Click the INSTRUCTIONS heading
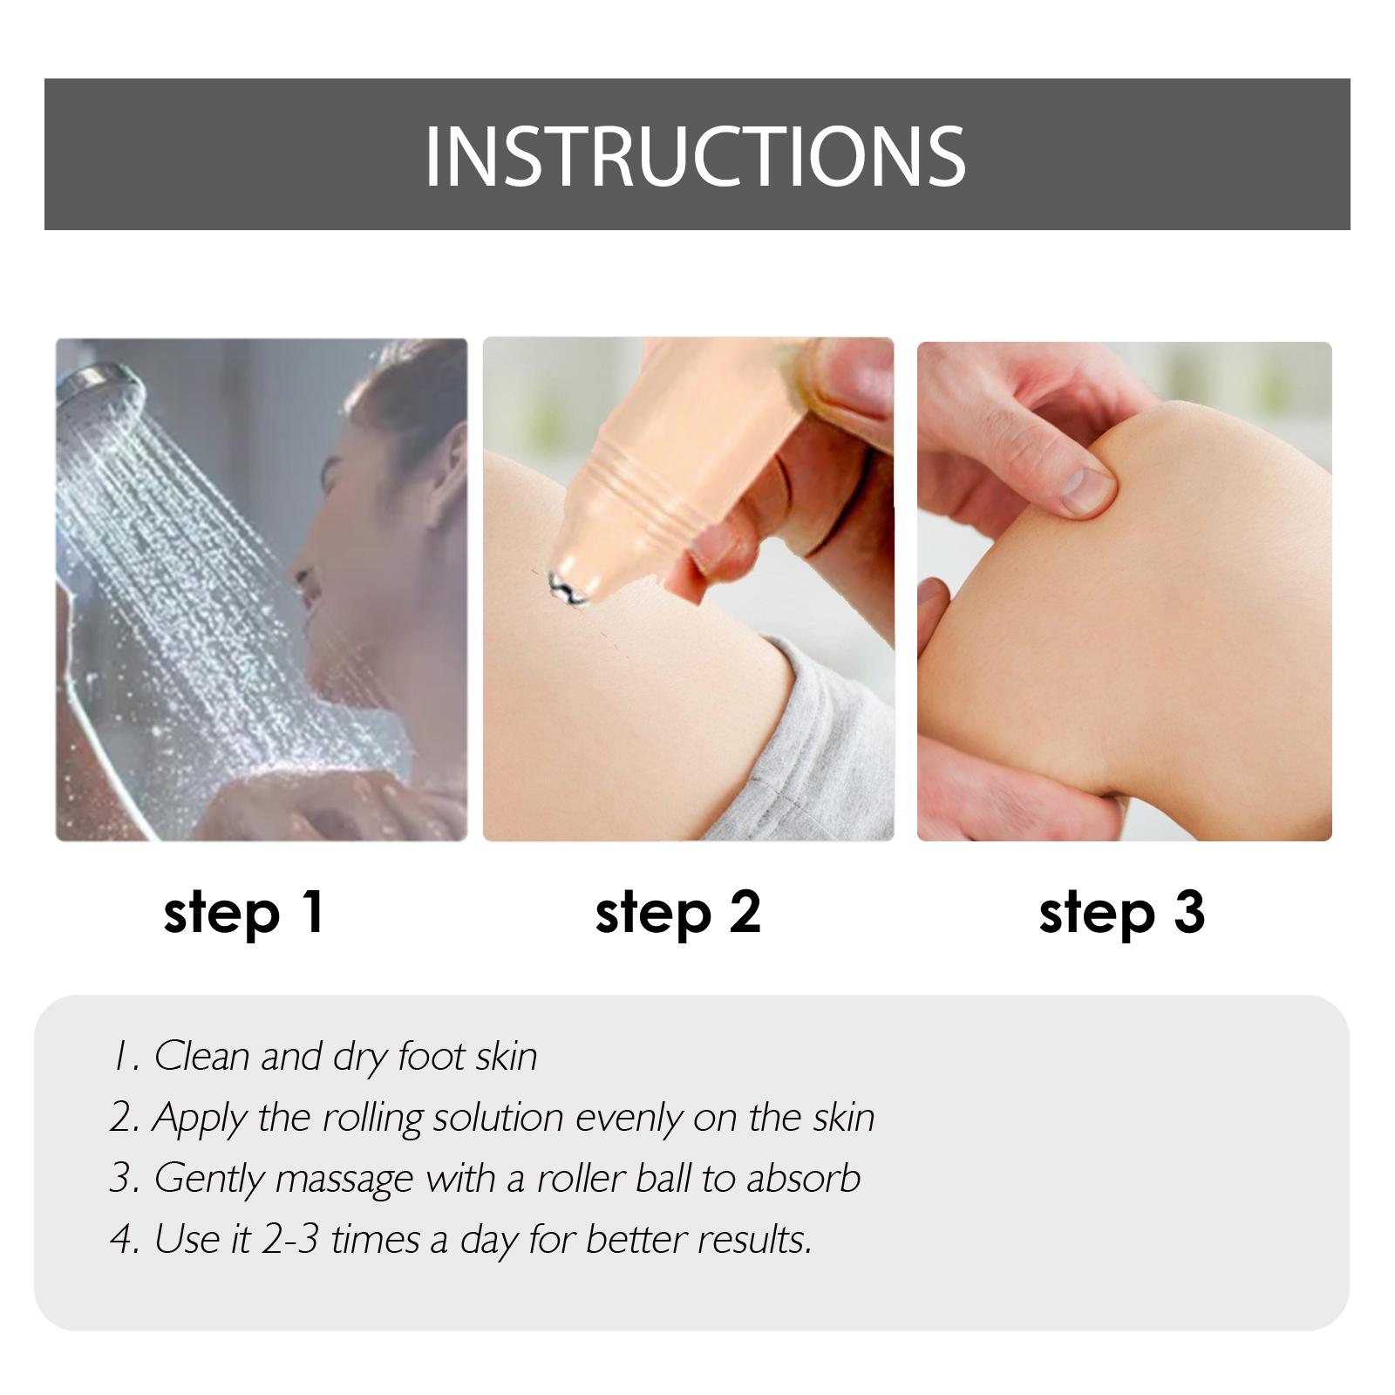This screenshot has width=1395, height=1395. (x=695, y=156)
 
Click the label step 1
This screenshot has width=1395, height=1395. (x=244, y=914)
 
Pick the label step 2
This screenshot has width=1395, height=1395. (x=678, y=914)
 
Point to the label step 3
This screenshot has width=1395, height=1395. (x=1122, y=914)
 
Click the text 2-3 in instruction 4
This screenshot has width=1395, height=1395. (x=291, y=1240)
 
